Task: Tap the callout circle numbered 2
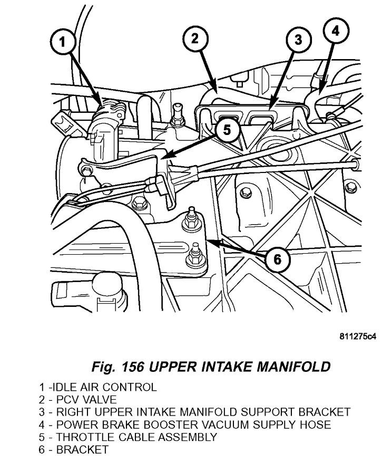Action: pos(195,38)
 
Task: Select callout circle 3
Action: pos(298,40)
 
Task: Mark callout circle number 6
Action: pos(278,258)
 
